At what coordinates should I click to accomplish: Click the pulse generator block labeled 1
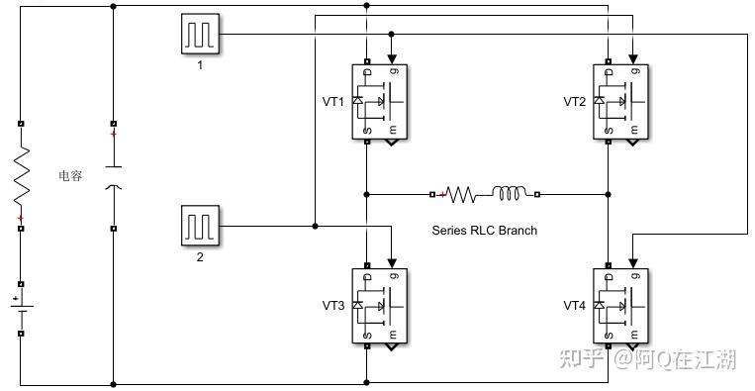[x=200, y=34]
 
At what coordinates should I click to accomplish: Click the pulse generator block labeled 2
[x=200, y=226]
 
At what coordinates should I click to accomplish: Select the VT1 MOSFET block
[x=379, y=102]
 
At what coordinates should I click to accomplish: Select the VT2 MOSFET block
[x=620, y=102]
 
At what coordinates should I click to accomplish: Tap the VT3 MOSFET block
[x=379, y=306]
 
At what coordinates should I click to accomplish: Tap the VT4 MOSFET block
[x=620, y=306]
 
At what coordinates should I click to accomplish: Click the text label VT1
[x=333, y=102]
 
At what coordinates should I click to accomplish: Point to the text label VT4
[x=575, y=306]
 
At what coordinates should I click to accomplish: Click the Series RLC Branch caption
[x=485, y=231]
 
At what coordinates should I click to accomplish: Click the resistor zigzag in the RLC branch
[x=460, y=195]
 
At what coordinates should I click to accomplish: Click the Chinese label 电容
[x=70, y=176]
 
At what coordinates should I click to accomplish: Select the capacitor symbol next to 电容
[x=113, y=177]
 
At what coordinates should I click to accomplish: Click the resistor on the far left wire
[x=21, y=176]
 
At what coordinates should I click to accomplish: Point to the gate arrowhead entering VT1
[x=392, y=59]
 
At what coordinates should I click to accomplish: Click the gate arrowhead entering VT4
[x=632, y=263]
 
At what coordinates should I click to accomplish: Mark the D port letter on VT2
[x=610, y=71]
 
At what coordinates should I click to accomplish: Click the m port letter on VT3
[x=394, y=335]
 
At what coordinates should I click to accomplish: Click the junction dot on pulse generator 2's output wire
[x=315, y=226]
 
